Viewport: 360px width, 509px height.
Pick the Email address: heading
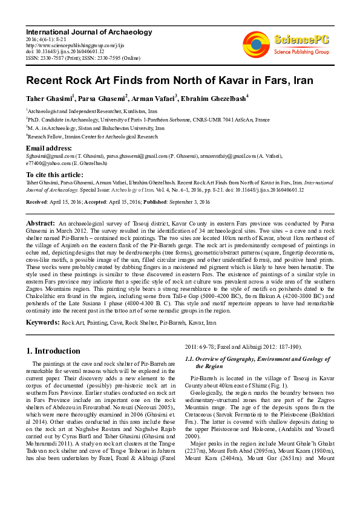pyautogui.click(x=49, y=148)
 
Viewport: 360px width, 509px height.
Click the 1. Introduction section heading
pyautogui.click(x=53, y=351)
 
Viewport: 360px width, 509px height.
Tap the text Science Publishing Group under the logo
pyautogui.click(x=301, y=52)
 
